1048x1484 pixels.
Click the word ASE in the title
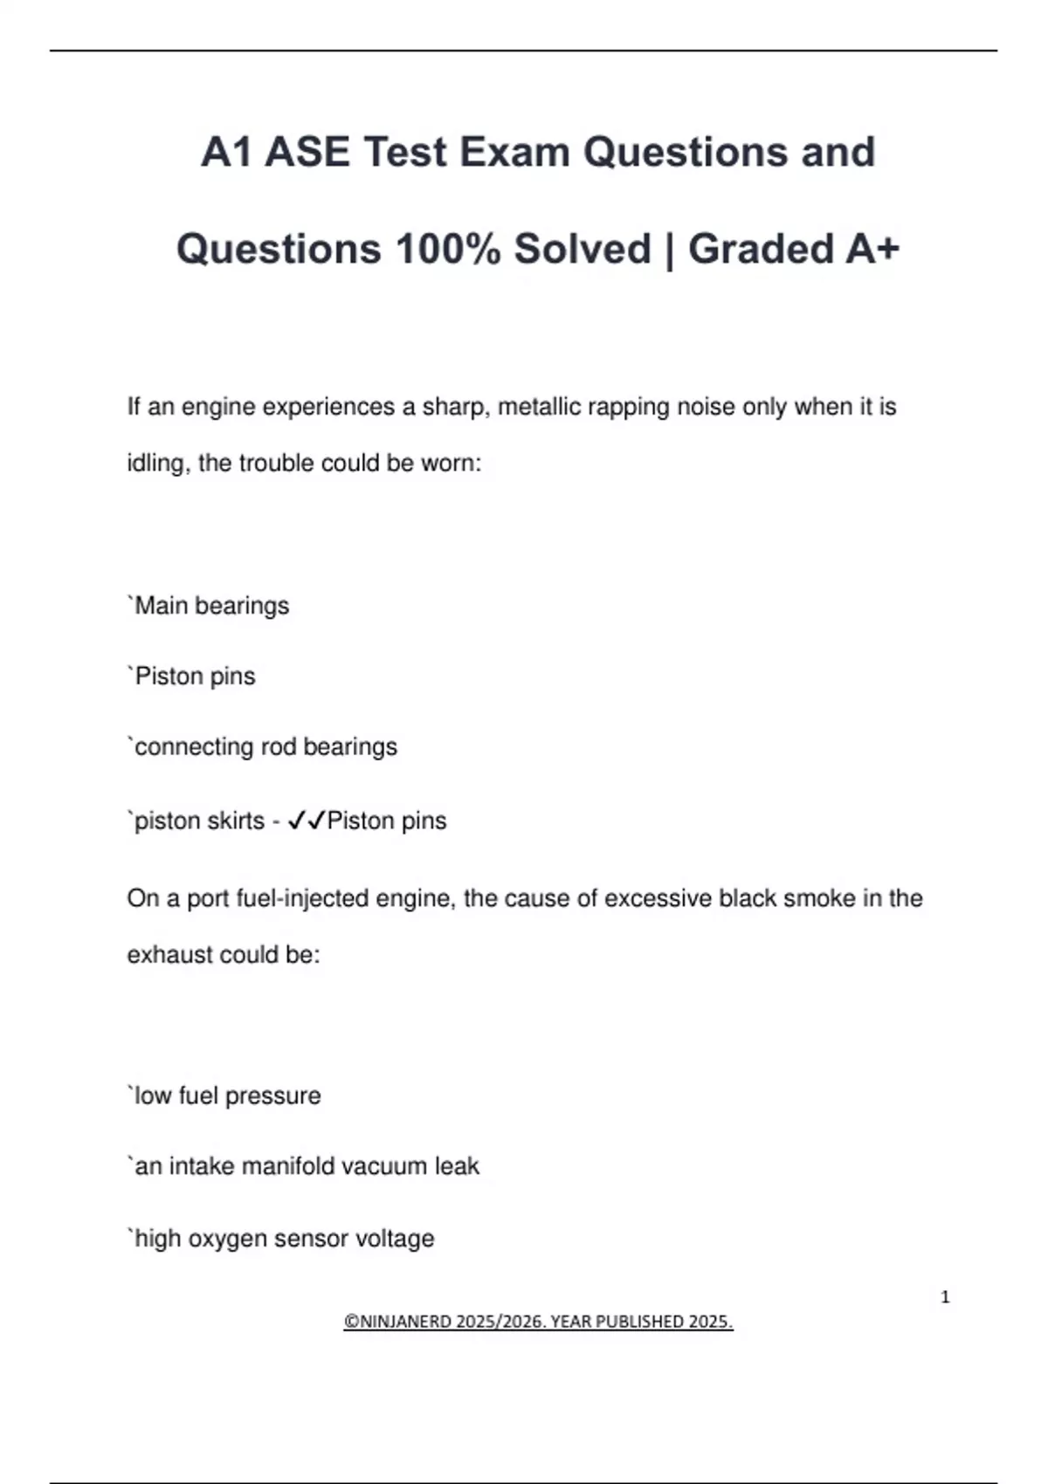(307, 152)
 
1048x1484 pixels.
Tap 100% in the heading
(448, 249)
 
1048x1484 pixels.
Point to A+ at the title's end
(872, 249)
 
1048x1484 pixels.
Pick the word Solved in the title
(583, 249)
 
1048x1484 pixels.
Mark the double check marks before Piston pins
(306, 821)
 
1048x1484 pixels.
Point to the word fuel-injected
(346, 898)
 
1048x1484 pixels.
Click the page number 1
(945, 1297)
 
